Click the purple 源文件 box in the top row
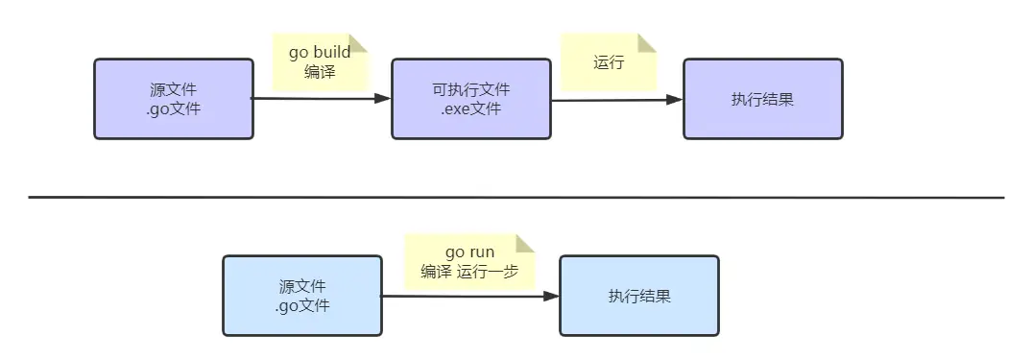(173, 99)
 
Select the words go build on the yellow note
(320, 53)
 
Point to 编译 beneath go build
(320, 71)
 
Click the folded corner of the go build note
(358, 42)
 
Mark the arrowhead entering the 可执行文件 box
(383, 98)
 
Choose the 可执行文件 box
(470, 99)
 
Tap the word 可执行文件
(471, 89)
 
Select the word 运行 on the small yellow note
(609, 63)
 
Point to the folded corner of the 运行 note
(648, 43)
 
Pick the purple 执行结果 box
(762, 99)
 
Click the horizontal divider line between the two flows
(516, 197)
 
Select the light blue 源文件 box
(301, 296)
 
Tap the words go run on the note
(469, 253)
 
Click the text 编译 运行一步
(469, 272)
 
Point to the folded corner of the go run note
(524, 243)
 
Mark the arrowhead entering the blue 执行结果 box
(552, 297)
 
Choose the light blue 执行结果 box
(639, 296)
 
